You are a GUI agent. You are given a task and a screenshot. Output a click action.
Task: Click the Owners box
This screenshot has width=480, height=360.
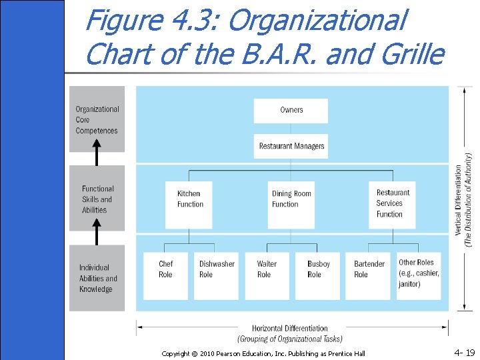point(291,111)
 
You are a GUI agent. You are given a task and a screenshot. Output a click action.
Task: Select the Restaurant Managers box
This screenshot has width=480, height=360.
point(291,146)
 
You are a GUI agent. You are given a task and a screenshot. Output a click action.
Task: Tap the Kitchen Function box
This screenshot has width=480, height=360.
point(189,199)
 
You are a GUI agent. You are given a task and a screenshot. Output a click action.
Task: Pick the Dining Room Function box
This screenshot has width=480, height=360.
point(291,199)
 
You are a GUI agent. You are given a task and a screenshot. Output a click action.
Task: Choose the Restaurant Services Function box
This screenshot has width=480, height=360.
point(392,204)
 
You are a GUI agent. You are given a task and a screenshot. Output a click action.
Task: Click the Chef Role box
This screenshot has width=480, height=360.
point(166,275)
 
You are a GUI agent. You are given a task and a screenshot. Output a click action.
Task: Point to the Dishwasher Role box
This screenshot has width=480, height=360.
point(216,275)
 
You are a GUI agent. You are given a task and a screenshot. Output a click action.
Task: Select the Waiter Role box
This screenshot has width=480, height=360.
point(267,275)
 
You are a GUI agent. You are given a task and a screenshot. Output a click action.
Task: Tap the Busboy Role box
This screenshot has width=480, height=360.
point(317,275)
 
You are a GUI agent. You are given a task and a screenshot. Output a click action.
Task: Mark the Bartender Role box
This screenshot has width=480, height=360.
point(369,275)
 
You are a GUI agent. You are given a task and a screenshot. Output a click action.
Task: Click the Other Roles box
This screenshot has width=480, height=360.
point(419,275)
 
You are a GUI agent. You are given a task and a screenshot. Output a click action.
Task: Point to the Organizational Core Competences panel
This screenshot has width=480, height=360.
point(97,120)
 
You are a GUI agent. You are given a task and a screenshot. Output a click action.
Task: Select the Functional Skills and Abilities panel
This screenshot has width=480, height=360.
point(97,199)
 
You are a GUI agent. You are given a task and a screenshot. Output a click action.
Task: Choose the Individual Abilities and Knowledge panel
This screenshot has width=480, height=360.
point(97,277)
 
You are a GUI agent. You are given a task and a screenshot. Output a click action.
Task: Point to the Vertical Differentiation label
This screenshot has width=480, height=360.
point(463,200)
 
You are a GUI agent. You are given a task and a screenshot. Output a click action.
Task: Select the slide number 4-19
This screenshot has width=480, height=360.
point(464,351)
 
